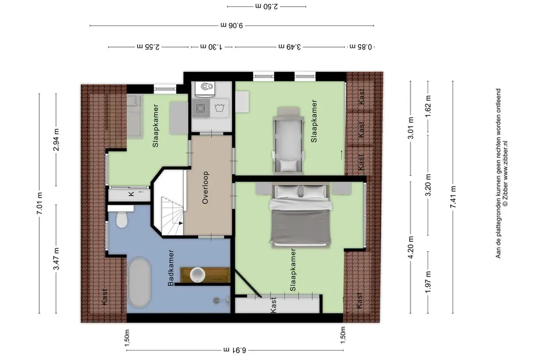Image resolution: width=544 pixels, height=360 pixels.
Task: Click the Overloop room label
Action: pos(206,187)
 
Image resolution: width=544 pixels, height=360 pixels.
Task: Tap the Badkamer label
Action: pos(171,268)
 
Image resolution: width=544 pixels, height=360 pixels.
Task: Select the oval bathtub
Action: pos(139,283)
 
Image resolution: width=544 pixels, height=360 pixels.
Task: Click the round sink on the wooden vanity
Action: pos(198,275)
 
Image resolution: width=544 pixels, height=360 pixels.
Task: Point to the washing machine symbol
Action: pos(201,108)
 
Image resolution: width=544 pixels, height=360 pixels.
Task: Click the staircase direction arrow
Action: pos(180,223)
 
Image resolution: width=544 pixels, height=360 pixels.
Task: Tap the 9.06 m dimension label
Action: pos(232,25)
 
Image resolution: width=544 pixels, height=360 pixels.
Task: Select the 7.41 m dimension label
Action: pos(452,197)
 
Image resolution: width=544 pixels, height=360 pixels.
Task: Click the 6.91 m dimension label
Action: pos(234,350)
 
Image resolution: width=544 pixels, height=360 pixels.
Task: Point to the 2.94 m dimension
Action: pos(56,139)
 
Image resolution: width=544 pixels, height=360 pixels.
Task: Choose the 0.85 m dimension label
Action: pos(361,47)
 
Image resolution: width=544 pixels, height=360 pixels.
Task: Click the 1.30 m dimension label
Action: pos(211,47)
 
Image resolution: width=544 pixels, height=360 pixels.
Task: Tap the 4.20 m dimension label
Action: pos(411,247)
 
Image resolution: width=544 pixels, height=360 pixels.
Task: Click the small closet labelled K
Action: pos(129,194)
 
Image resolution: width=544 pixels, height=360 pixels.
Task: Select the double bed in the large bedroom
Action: pos(300,215)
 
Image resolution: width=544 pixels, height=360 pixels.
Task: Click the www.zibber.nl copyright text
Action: pos(505,173)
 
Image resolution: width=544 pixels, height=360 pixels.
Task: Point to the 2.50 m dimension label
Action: pos(267,6)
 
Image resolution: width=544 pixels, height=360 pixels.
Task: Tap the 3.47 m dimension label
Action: pos(56,258)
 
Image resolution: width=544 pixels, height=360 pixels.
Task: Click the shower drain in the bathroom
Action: pos(217,300)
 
